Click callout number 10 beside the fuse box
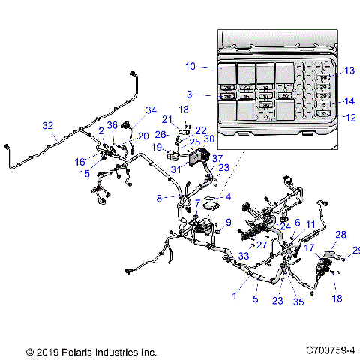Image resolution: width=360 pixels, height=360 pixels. click(190, 67)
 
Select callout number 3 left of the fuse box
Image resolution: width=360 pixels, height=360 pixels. click(190, 94)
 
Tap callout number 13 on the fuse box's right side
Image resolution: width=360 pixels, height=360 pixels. click(349, 70)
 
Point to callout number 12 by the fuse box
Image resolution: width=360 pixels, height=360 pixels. click(349, 116)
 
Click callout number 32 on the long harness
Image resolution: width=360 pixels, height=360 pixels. click(48, 125)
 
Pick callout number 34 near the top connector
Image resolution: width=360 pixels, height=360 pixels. click(151, 111)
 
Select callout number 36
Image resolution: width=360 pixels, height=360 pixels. click(112, 125)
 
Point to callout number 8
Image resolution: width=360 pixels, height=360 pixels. click(159, 199)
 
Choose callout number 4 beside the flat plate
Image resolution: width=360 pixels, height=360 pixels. click(228, 197)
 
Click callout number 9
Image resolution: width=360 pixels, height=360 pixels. click(228, 222)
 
